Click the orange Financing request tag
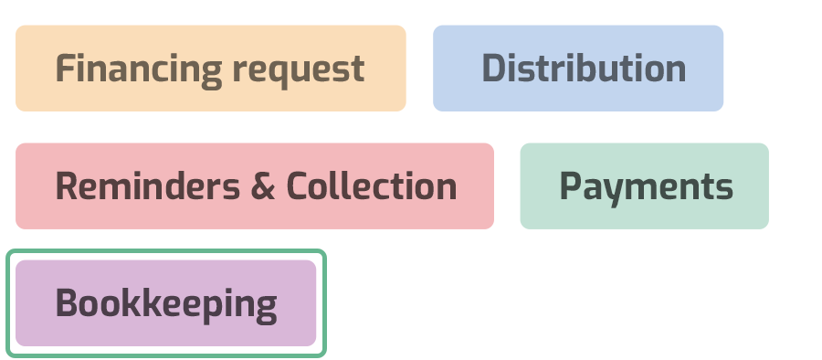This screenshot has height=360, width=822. coord(210,69)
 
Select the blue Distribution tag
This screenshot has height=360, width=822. coord(577,69)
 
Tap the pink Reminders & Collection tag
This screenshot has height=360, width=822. coord(254,186)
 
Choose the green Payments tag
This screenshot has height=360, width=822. coord(644,186)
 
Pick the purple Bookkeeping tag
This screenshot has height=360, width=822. coord(165,303)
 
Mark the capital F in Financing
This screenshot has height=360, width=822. coord(63,69)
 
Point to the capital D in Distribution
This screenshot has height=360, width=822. coord(492,69)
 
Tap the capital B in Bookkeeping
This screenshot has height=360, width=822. coord(66,303)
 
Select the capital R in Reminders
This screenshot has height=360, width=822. coord(66,186)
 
